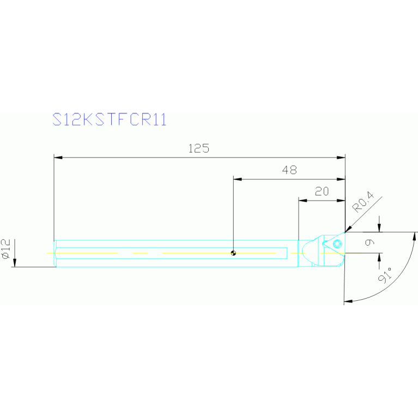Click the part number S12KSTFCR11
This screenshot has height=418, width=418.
(110, 119)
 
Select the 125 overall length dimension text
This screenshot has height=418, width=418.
(199, 148)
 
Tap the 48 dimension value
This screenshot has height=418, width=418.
(289, 170)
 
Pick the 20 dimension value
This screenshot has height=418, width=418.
(322, 191)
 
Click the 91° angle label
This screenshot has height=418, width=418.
(385, 275)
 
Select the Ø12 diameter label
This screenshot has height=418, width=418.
(6, 249)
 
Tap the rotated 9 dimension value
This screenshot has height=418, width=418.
(369, 243)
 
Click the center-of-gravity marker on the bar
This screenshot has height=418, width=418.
(233, 253)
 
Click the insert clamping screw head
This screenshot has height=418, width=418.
(337, 244)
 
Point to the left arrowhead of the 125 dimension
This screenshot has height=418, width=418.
(58, 157)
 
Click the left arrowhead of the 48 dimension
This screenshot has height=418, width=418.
(238, 179)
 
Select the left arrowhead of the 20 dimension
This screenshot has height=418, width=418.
(303, 201)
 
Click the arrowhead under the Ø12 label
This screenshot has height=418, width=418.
(15, 262)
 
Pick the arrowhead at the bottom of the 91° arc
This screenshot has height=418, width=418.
(348, 301)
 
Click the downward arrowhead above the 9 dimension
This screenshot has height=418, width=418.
(379, 228)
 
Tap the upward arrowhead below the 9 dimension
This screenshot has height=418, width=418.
(379, 258)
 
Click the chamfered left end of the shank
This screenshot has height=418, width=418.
(55, 253)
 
